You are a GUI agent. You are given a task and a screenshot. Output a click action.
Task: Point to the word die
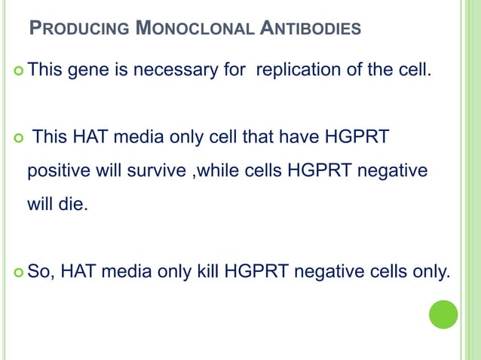[72, 203]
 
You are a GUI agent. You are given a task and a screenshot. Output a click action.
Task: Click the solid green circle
[443, 314]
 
